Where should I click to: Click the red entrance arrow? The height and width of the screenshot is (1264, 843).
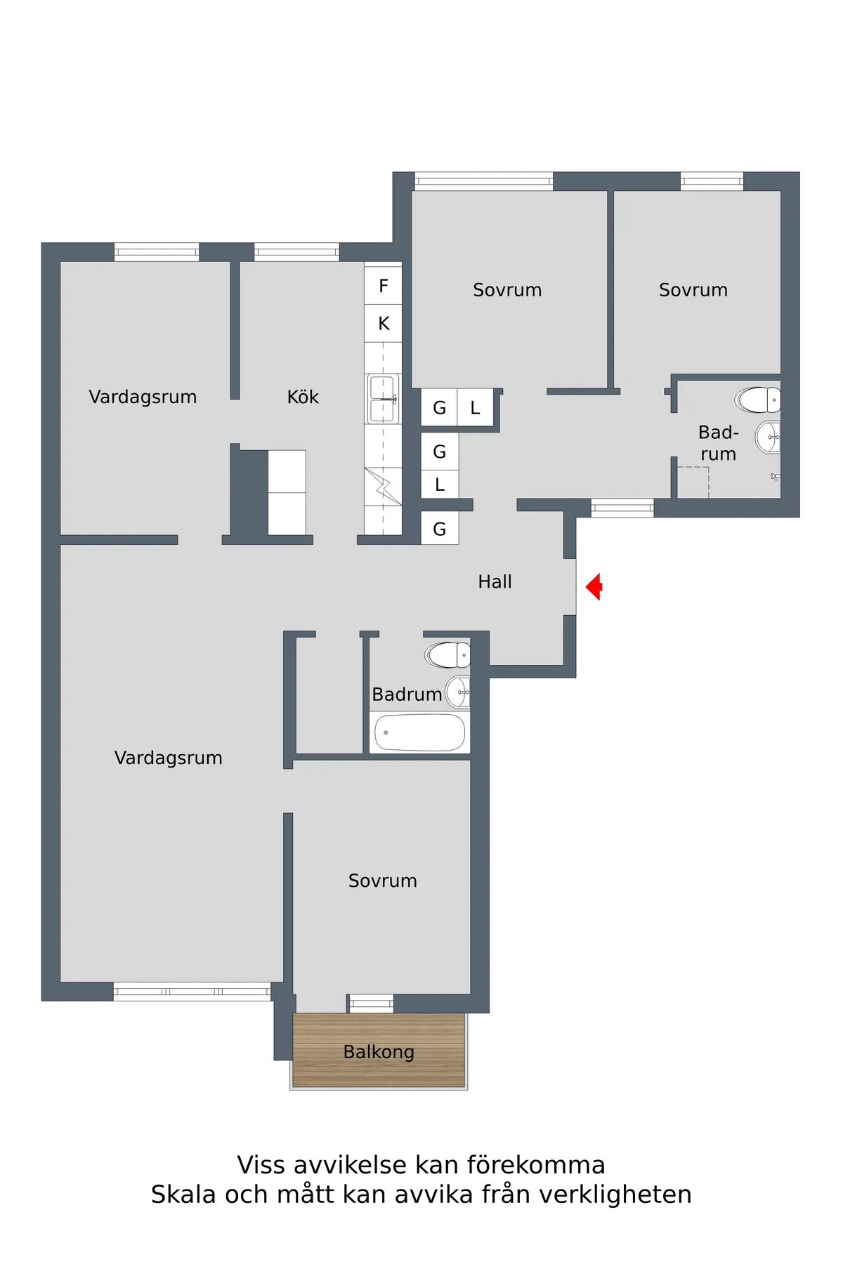(x=594, y=586)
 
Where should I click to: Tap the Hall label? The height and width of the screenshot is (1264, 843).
(x=495, y=582)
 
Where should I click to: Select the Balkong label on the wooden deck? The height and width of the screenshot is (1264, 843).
(x=379, y=1052)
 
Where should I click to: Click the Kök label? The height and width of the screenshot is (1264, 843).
(x=303, y=397)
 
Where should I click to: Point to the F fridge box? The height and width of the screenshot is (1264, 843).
(x=383, y=286)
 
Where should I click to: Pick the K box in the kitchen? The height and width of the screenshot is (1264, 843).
(x=383, y=324)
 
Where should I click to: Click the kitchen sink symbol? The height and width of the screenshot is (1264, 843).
(x=383, y=398)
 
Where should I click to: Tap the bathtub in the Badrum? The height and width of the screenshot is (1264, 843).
(x=419, y=732)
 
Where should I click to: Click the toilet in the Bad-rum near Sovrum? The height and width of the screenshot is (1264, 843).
(x=758, y=400)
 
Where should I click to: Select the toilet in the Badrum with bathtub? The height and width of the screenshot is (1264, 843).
(x=447, y=654)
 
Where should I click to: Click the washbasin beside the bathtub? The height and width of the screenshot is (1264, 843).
(x=458, y=692)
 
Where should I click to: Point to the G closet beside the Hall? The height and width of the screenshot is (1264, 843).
(x=440, y=529)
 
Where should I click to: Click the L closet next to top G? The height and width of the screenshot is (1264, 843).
(x=476, y=408)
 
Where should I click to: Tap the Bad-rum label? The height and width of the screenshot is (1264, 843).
(x=718, y=443)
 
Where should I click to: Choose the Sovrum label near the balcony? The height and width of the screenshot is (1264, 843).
(x=383, y=881)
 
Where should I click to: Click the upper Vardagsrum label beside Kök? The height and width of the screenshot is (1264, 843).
(x=143, y=397)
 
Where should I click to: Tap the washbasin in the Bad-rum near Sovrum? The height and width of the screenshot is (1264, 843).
(x=768, y=437)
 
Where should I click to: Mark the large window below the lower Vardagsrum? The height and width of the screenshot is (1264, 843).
(x=192, y=992)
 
